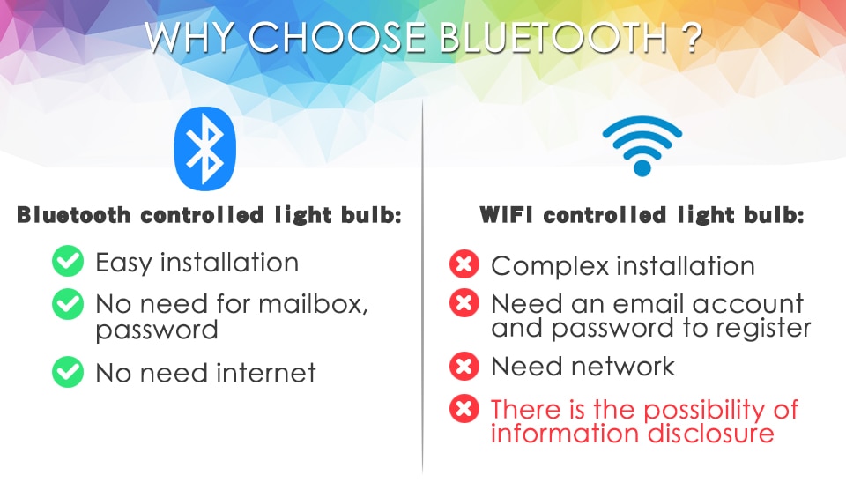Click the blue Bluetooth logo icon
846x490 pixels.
206,149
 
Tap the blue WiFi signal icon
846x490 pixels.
642,145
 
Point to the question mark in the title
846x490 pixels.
689,38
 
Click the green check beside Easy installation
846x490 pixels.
68,262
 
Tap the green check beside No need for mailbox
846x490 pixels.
68,305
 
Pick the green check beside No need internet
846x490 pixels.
68,372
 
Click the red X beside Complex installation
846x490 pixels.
464,264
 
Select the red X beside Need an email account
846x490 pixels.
464,304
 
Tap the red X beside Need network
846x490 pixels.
464,365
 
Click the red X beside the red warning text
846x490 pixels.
464,408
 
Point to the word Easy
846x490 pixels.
125,263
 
